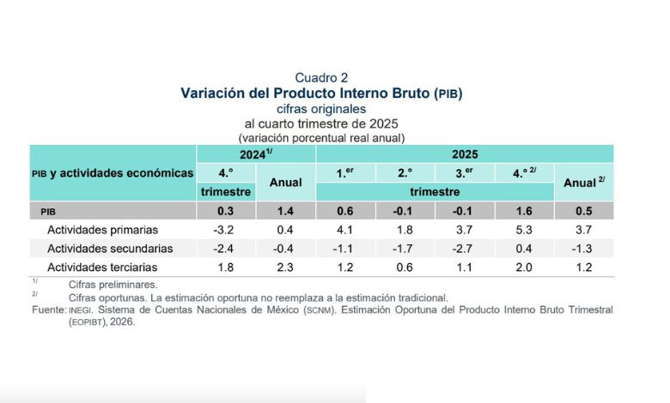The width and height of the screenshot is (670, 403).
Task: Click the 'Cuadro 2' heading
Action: (321, 78)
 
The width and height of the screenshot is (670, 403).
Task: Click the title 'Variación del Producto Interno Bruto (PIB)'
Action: (321, 93)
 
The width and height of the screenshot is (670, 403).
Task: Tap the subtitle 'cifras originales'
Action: (321, 109)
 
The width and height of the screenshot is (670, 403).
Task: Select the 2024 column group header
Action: (256, 154)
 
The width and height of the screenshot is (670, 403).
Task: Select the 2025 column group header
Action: (465, 154)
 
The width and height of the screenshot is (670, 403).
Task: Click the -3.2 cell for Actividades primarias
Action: (226, 230)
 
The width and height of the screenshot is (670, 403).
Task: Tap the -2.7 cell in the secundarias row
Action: (465, 249)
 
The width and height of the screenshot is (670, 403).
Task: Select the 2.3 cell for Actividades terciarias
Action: (286, 268)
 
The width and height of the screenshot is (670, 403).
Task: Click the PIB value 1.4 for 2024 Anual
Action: (286, 211)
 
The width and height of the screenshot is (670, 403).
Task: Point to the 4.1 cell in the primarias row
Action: (345, 230)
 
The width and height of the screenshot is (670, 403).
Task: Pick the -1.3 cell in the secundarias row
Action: (584, 249)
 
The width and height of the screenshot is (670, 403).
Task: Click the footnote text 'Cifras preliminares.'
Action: (107, 284)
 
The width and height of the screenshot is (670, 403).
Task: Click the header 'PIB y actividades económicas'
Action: (113, 173)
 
